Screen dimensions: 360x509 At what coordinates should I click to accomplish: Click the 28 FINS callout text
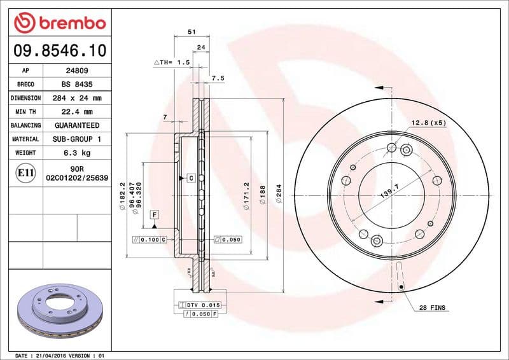pos(433,308)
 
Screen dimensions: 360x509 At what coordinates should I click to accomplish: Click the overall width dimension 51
pos(192,31)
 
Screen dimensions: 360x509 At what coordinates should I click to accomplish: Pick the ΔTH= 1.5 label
pos(172,62)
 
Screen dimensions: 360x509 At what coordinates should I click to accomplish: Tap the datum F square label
pos(154,214)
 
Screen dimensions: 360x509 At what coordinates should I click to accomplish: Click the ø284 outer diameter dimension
pos(278,193)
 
